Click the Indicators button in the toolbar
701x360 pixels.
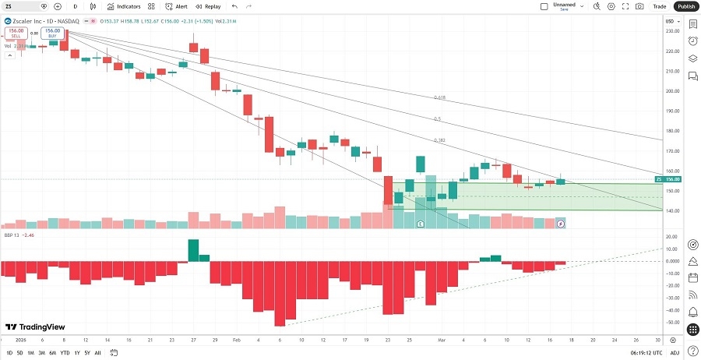click(124, 6)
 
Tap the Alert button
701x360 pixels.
click(176, 6)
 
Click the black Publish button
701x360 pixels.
click(686, 6)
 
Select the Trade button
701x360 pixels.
click(660, 6)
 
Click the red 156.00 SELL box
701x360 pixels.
click(16, 34)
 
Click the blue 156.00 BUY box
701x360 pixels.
click(53, 34)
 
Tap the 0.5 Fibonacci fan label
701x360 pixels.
click(437, 119)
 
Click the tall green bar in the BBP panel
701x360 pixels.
click(193, 250)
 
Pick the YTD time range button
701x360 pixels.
click(65, 353)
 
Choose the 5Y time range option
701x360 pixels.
click(86, 353)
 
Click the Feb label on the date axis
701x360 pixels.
click(236, 341)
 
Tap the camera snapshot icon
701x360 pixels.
click(639, 6)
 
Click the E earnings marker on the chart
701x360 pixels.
click(421, 224)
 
